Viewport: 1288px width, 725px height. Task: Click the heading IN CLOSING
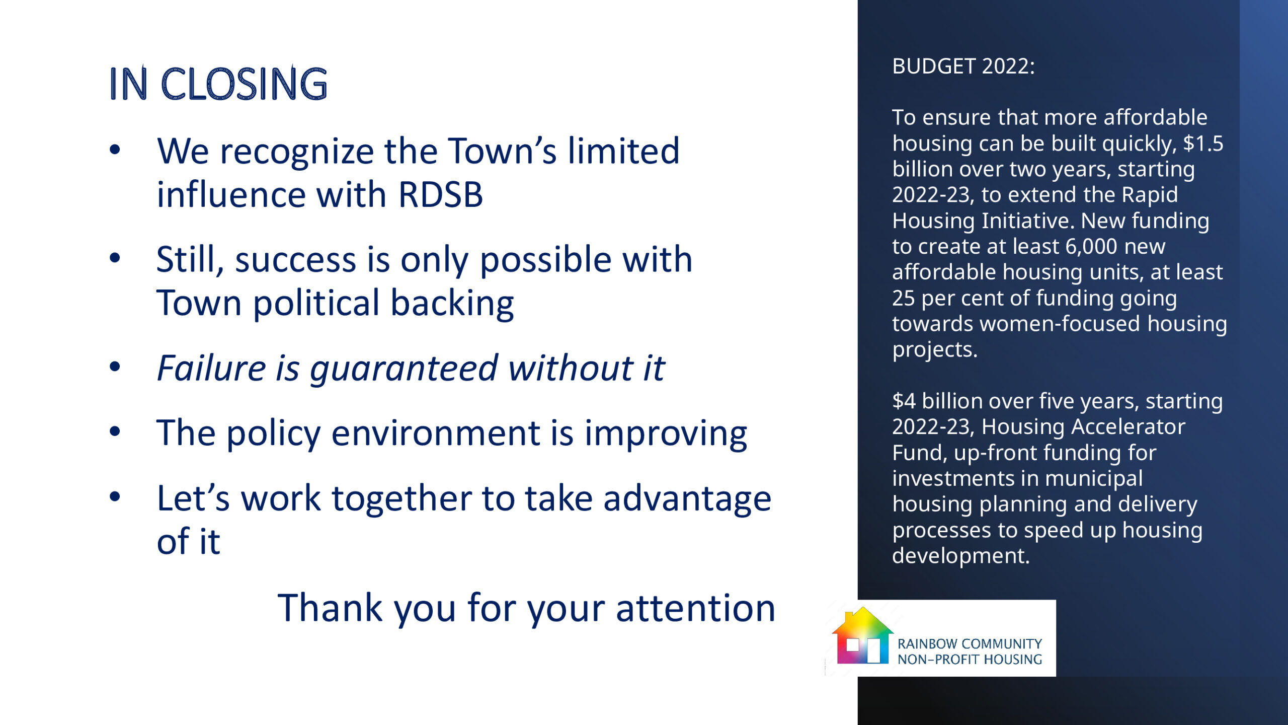(218, 84)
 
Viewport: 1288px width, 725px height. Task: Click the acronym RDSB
(440, 195)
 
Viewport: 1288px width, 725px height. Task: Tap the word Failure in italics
(211, 368)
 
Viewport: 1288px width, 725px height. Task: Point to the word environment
(436, 433)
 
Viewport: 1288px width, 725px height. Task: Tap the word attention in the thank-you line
(695, 608)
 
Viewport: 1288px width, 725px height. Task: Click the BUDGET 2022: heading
(963, 66)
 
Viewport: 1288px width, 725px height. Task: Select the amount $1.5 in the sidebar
(1203, 143)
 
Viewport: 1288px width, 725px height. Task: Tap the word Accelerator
(1128, 427)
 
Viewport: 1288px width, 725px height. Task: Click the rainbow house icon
(862, 635)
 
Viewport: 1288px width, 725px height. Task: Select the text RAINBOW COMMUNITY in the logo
(970, 644)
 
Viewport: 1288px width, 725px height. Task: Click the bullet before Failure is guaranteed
(115, 367)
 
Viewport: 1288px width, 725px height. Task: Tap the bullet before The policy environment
(115, 431)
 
